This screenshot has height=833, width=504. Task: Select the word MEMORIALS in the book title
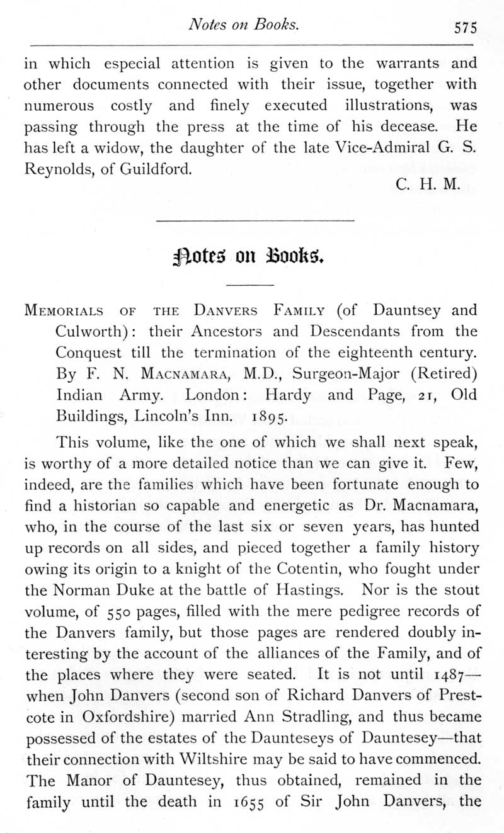pos(62,311)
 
